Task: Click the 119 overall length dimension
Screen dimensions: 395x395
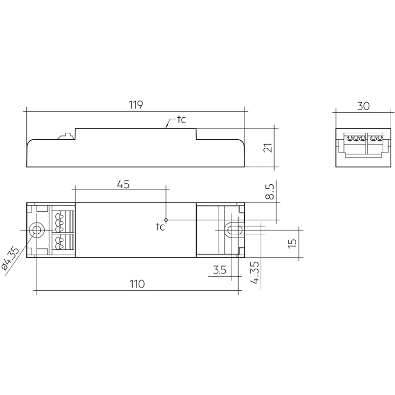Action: click(x=136, y=105)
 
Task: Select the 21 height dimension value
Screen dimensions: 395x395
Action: click(x=268, y=148)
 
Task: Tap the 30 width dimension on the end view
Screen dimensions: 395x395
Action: click(x=363, y=106)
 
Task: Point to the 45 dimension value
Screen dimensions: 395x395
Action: click(x=124, y=184)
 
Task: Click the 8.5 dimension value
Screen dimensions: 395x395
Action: click(x=270, y=191)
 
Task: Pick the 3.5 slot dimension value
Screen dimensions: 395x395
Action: click(x=220, y=270)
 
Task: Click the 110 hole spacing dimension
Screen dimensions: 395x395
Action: click(x=137, y=284)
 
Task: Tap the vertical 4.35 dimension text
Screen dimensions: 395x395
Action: click(x=255, y=273)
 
